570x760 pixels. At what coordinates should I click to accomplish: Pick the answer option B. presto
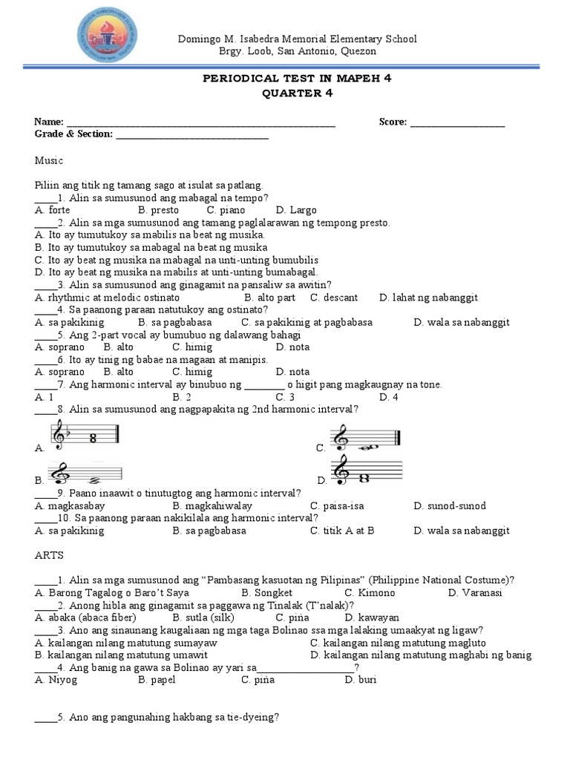[157, 210]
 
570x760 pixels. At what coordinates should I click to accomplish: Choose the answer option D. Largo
[296, 210]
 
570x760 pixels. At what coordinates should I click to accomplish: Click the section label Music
[49, 160]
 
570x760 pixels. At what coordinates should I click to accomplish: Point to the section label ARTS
[48, 555]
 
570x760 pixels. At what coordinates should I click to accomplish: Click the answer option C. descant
[334, 297]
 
